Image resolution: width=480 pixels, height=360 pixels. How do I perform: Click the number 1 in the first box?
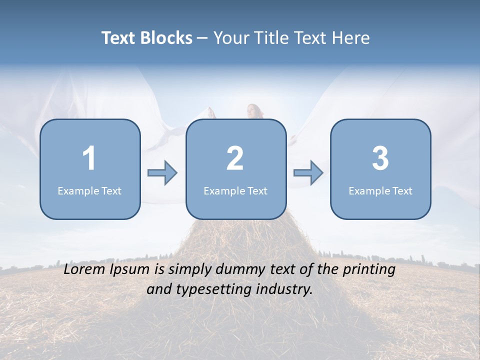[x=89, y=158]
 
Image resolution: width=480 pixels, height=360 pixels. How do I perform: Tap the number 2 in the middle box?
[x=235, y=158]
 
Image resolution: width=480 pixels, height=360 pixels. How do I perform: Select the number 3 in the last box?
[x=380, y=158]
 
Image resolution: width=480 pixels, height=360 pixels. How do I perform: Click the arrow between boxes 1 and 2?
[x=162, y=173]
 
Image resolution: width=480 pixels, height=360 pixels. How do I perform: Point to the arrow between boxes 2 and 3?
[x=308, y=173]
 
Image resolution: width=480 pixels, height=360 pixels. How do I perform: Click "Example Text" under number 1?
[x=89, y=191]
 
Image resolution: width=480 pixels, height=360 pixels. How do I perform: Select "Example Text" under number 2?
[x=235, y=191]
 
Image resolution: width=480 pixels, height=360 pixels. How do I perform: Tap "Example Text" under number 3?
[x=380, y=191]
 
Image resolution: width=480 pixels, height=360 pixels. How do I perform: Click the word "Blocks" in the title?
[x=166, y=38]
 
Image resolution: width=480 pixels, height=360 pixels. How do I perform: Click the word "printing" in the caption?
[x=369, y=270]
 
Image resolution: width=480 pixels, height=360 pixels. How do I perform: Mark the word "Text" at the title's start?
[x=118, y=38]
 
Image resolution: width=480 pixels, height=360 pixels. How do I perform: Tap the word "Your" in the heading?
[x=230, y=38]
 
